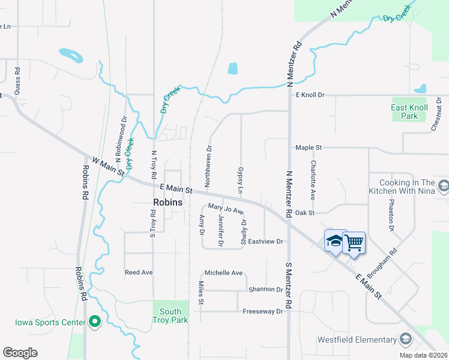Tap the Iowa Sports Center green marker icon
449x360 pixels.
point(94,322)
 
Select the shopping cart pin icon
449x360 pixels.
point(354,243)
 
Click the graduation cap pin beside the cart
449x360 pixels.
point(335,241)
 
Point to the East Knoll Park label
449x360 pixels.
point(409,112)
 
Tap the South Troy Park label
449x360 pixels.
point(170,316)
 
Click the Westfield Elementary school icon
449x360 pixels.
point(406,340)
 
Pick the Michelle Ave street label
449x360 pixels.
point(223,273)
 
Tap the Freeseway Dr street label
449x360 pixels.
point(262,311)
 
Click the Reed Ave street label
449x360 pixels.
point(139,272)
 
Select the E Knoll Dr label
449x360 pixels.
point(310,95)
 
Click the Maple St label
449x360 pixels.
point(309,147)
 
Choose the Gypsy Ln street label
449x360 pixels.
point(241,180)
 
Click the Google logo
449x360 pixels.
point(20,353)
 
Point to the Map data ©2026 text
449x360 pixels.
point(423,355)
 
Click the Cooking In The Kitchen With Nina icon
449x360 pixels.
point(443,187)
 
